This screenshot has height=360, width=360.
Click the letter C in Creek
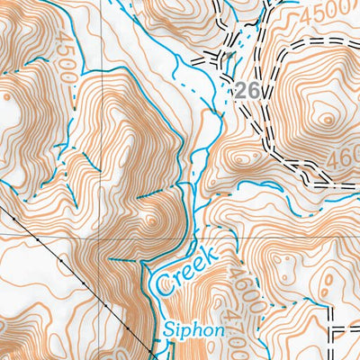pyautogui.click(x=164, y=286)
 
